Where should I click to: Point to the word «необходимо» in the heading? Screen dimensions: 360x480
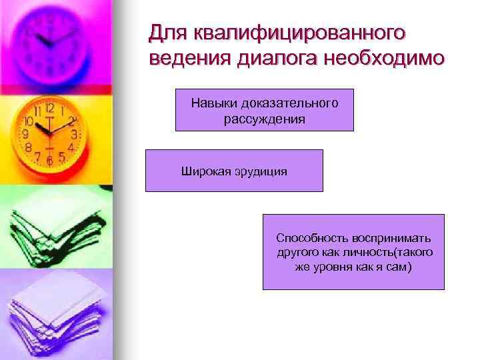coord(383,59)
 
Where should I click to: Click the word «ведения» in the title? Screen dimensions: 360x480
coord(190,59)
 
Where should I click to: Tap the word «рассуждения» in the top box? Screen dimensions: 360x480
coord(265,119)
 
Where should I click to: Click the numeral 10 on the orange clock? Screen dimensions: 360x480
coord(29,122)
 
